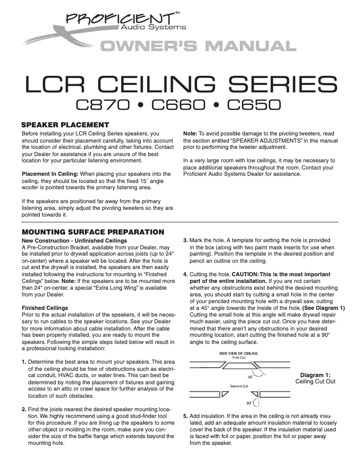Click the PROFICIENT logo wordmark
point(121,19)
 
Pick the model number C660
point(180,106)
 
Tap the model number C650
point(255,106)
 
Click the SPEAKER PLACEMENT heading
point(66,124)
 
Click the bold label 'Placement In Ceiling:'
point(50,174)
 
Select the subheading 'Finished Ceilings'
point(45,308)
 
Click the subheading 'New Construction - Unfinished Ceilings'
point(74,241)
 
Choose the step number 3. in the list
point(185,240)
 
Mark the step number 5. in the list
point(185,416)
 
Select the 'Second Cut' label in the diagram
point(239,386)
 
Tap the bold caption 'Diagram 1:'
point(315,375)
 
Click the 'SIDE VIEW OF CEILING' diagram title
point(238,353)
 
